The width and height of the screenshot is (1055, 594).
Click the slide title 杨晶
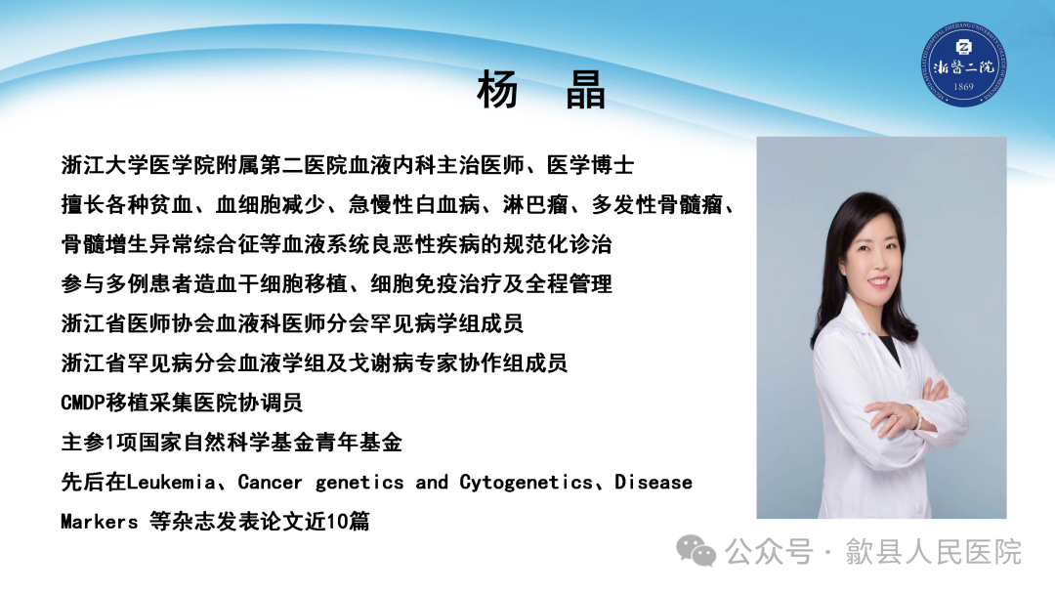click(x=541, y=91)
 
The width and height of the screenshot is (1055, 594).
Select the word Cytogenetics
click(x=527, y=483)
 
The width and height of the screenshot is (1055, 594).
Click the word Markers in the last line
click(x=99, y=522)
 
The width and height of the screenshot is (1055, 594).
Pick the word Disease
click(x=654, y=483)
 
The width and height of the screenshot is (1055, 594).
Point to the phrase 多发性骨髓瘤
click(x=674, y=205)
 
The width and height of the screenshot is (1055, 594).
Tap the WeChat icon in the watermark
click(x=697, y=551)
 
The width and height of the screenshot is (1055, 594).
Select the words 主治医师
click(x=485, y=165)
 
